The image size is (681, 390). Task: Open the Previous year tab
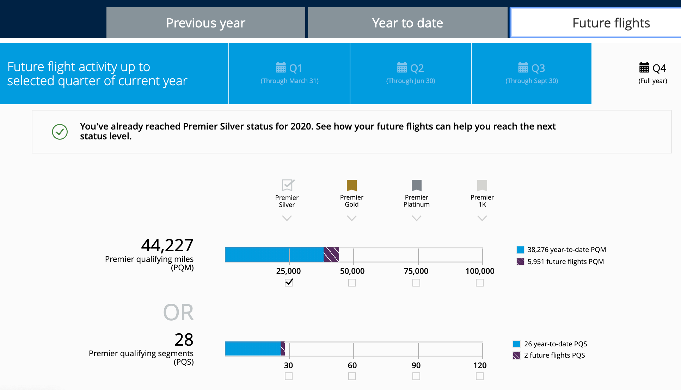pyautogui.click(x=205, y=23)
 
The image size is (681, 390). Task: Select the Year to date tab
pyautogui.click(x=407, y=23)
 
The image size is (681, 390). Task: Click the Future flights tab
pyautogui.click(x=611, y=23)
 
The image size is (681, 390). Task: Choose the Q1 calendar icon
pyautogui.click(x=281, y=67)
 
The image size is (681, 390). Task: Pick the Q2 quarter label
pyautogui.click(x=417, y=68)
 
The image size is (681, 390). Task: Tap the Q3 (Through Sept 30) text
pyautogui.click(x=532, y=81)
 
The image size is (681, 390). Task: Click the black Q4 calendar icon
pyautogui.click(x=644, y=67)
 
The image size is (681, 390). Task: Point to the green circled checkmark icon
pyautogui.click(x=60, y=132)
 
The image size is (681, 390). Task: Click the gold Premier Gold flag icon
pyautogui.click(x=352, y=185)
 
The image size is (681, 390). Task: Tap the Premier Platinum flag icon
pyautogui.click(x=417, y=185)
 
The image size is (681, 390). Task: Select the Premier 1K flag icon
pyautogui.click(x=482, y=185)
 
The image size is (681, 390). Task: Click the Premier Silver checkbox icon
pyautogui.click(x=288, y=185)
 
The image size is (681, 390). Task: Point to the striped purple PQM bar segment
pyautogui.click(x=331, y=254)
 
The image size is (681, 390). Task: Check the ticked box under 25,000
pyautogui.click(x=289, y=282)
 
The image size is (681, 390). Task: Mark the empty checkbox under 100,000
pyautogui.click(x=480, y=283)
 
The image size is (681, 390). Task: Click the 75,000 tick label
pyautogui.click(x=416, y=271)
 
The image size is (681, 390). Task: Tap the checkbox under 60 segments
pyautogui.click(x=352, y=376)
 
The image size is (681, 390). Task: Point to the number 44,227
pyautogui.click(x=167, y=245)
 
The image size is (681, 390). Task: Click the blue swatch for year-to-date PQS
pyautogui.click(x=517, y=344)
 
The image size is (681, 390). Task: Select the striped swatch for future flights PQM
pyautogui.click(x=520, y=262)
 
